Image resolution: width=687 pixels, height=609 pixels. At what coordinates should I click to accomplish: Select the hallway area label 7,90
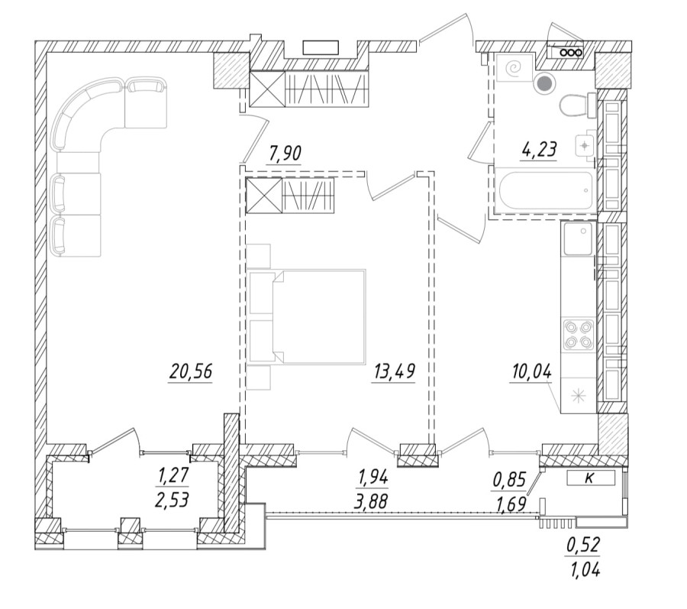pos(285,154)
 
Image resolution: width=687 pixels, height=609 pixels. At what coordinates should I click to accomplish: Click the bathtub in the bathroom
pos(544,191)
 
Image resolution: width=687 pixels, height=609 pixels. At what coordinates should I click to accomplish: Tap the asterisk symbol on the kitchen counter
pos(578,394)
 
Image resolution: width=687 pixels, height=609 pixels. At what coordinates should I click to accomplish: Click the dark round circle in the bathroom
pos(544,86)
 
